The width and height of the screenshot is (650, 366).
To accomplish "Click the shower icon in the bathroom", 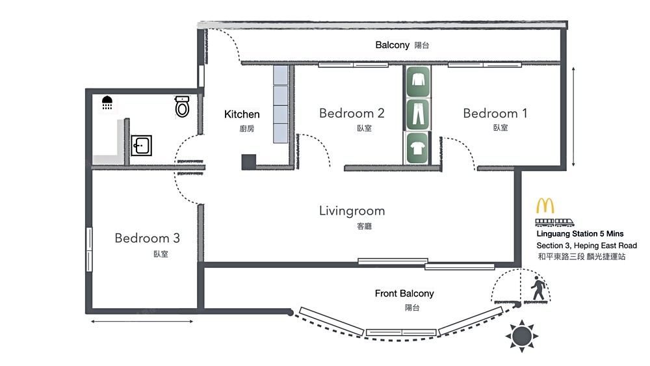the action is pos(107,103).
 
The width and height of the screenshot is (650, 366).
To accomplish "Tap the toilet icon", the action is pos(182,107).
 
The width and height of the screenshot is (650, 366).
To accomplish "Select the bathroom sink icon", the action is pos(141,146).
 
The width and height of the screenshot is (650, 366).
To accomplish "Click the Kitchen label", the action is pos(242,114).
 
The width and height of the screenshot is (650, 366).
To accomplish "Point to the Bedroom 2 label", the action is pos(352,113).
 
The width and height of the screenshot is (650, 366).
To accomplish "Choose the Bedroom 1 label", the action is pos(495,113).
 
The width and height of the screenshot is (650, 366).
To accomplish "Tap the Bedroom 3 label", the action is pos(147,238).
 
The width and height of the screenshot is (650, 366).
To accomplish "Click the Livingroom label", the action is pos(352,211).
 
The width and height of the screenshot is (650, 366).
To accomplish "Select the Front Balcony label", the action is pos(404,293).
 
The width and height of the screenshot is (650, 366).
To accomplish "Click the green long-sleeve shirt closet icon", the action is pos(418,81).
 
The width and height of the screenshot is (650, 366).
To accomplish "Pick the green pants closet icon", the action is pos(417,114).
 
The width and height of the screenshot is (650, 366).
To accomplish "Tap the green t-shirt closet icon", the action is pos(417,148).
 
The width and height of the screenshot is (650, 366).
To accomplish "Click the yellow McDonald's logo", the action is pos(545,205).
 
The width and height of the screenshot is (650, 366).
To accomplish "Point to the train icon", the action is pos(554,222).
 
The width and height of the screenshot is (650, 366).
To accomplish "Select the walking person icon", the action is pos(538,288).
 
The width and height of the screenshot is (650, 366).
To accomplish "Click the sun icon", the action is pos(521,335).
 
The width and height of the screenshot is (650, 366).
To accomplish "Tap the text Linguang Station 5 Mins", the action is pos(580,234).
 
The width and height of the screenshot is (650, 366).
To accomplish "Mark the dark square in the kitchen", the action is pos(249,162).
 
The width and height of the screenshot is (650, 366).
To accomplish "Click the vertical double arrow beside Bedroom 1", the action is pos(573,117).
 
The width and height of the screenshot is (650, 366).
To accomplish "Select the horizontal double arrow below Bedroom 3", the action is pos(142,321).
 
